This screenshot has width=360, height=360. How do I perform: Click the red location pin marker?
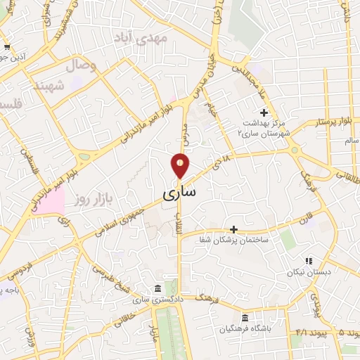(x=180, y=165)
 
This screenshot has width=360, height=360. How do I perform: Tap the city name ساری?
(x=180, y=191)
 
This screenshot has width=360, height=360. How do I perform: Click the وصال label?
(x=81, y=66)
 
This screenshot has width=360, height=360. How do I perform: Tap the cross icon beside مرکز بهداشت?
(x=264, y=112)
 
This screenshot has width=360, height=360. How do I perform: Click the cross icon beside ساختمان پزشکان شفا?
(x=234, y=229)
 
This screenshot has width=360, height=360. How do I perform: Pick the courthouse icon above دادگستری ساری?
(x=157, y=289)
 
